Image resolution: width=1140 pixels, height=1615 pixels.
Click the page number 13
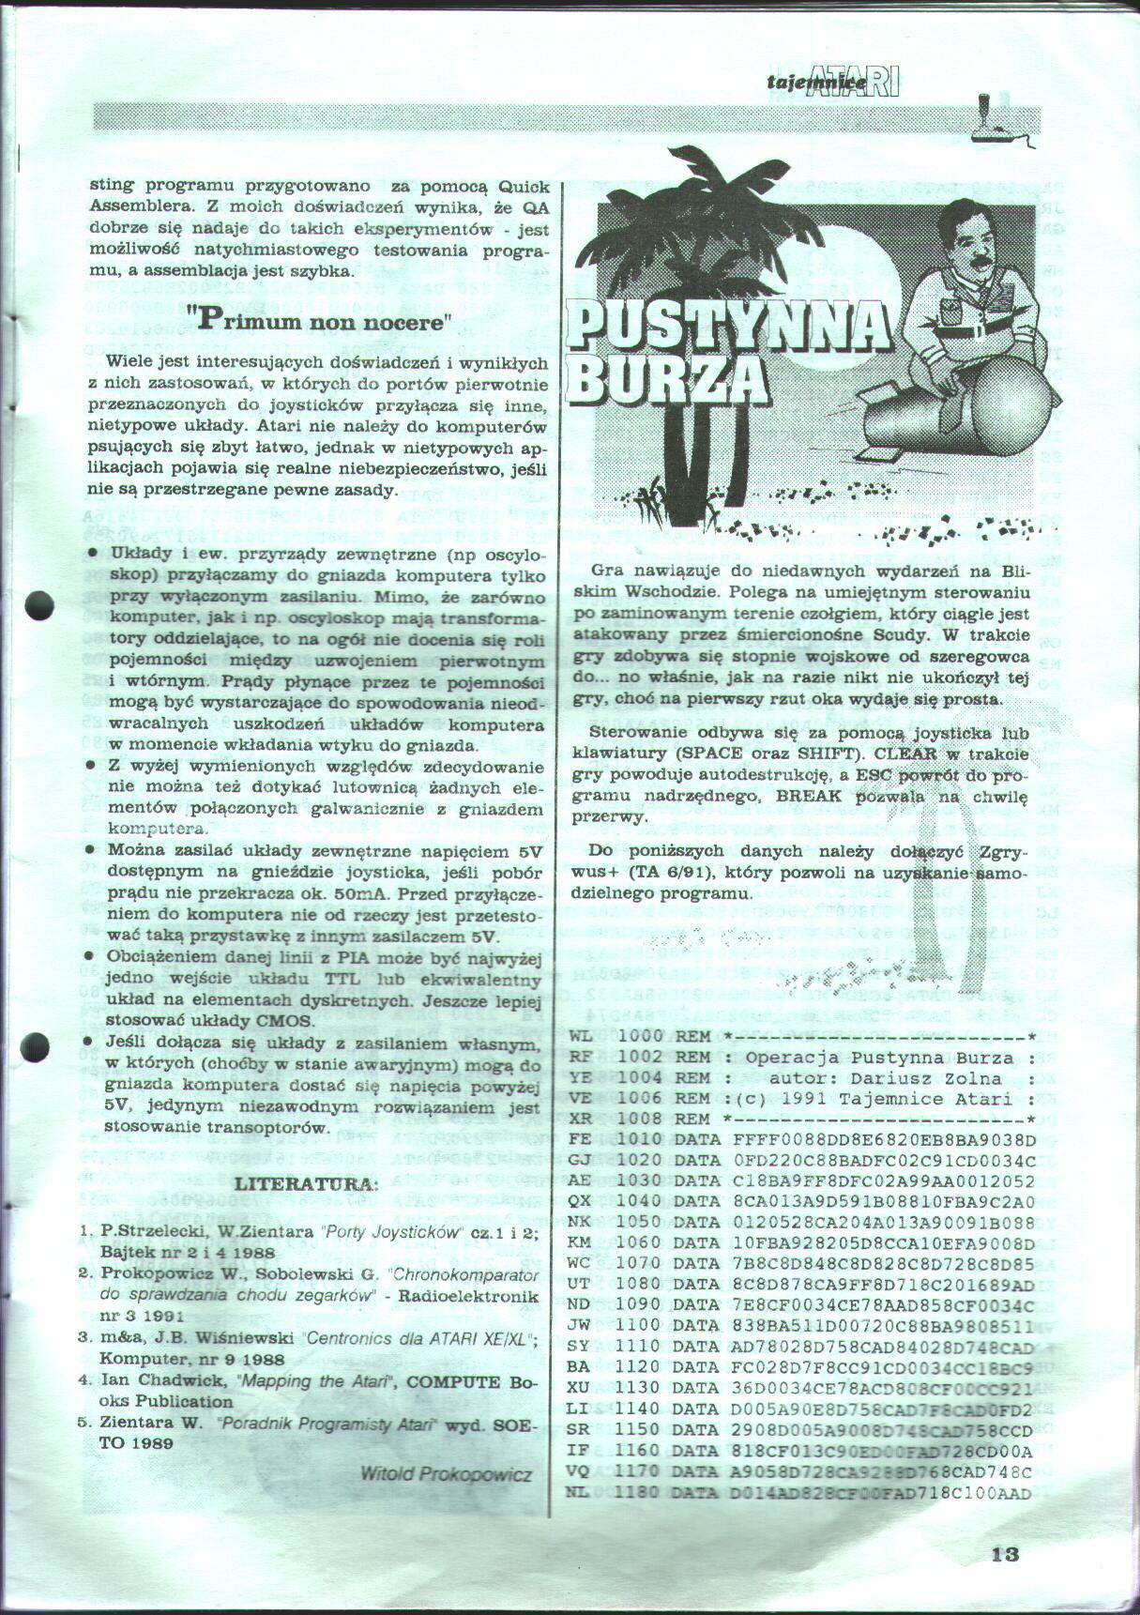tap(1004, 1553)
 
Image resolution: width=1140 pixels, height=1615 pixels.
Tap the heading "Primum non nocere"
tap(319, 321)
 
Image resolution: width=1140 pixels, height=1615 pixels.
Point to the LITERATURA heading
tap(306, 1183)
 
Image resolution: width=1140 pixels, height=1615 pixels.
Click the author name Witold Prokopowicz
tap(446, 1473)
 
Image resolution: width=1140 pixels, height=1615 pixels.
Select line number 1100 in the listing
tap(638, 1325)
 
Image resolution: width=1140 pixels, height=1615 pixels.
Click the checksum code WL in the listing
tap(580, 1037)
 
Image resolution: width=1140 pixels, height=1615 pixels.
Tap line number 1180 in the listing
tap(638, 1492)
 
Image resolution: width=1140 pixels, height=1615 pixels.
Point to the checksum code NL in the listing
tap(579, 1492)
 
